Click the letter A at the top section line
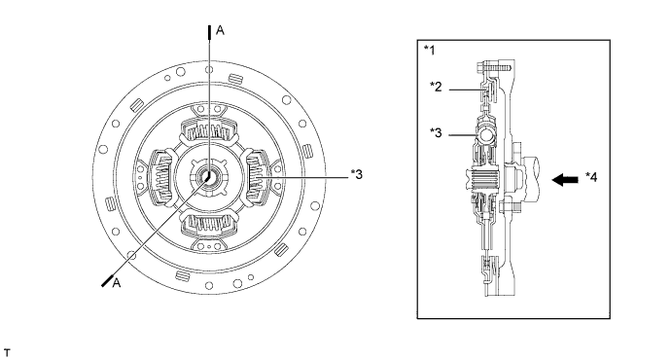click(220, 30)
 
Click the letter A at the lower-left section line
click(116, 283)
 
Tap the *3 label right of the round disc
click(356, 174)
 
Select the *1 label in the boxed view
click(429, 51)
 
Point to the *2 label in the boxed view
click(436, 87)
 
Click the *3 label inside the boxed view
click(436, 133)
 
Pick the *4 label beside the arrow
click(591, 177)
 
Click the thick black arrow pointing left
click(565, 180)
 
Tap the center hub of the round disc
click(209, 177)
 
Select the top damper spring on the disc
click(209, 130)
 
